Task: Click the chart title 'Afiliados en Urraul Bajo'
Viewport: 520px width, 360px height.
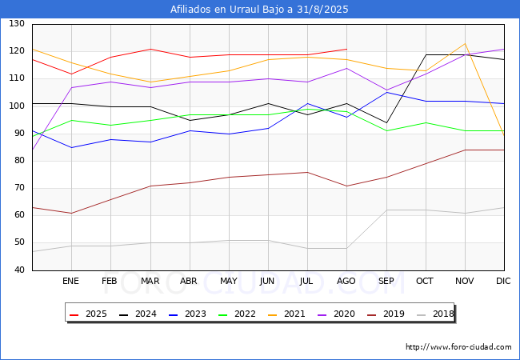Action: (x=259, y=10)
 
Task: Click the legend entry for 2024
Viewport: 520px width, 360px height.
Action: (x=138, y=314)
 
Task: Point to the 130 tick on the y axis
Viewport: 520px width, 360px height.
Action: (x=17, y=24)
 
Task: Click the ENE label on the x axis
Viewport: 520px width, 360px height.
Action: (x=71, y=281)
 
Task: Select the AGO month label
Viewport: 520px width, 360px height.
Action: (x=346, y=281)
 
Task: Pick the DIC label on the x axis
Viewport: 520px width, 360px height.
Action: (x=503, y=281)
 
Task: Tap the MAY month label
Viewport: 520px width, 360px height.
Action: (x=228, y=281)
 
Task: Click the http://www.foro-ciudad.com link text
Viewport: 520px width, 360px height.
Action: (x=458, y=347)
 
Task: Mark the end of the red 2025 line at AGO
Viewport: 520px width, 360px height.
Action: (x=346, y=49)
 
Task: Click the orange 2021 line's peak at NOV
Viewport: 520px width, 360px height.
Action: (x=464, y=44)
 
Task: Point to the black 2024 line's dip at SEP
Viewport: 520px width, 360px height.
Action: (x=386, y=122)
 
